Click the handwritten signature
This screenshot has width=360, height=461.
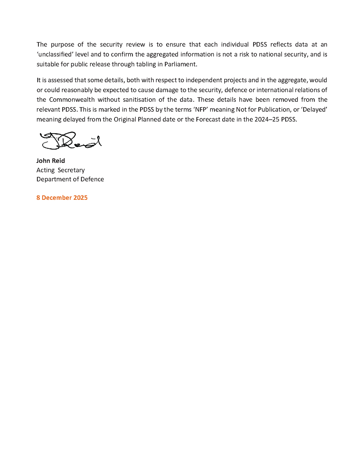point(70,141)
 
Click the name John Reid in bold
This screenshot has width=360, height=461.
point(51,161)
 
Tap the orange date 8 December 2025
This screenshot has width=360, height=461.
point(62,197)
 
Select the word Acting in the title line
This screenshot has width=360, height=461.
point(45,170)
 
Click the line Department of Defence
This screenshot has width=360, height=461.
point(70,179)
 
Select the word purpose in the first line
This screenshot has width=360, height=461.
point(62,44)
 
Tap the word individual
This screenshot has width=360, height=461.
point(235,44)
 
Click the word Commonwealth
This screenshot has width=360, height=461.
point(72,100)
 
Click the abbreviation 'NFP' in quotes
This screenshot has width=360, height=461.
point(200,110)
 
